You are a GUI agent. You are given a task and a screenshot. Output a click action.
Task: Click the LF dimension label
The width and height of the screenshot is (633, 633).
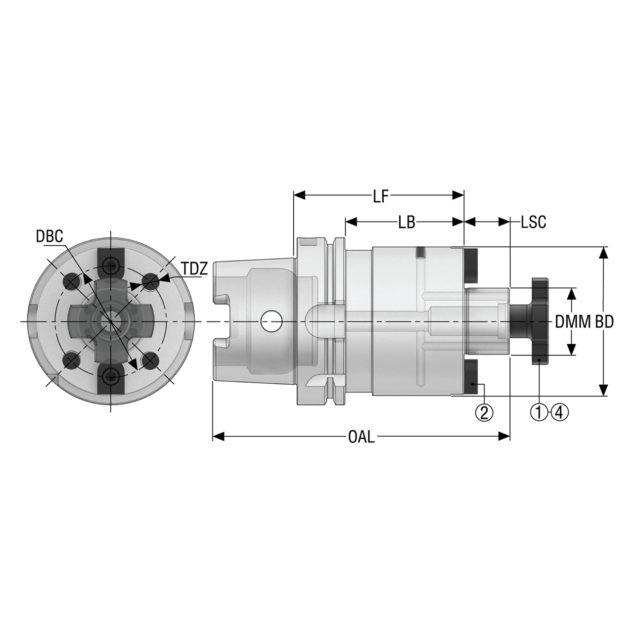[x=379, y=197]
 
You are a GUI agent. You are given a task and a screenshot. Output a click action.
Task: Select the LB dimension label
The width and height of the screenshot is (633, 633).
[x=406, y=223]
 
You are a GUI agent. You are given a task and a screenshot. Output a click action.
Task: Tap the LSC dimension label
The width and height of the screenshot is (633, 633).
[x=533, y=223]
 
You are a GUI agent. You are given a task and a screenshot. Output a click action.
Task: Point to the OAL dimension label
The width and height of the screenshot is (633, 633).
[x=361, y=437]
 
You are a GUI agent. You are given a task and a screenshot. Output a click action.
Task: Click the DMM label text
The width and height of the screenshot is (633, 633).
[x=573, y=322]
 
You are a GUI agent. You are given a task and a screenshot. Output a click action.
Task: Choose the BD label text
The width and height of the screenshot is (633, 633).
[x=604, y=322]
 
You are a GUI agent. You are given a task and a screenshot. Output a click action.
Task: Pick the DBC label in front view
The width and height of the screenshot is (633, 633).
[x=49, y=236]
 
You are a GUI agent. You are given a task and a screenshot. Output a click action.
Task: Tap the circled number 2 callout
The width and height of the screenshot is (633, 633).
[x=484, y=411]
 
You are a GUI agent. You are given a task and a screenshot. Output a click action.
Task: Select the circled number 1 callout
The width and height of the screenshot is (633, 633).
[x=539, y=411]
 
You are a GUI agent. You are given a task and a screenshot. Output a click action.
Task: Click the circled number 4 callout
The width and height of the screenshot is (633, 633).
[x=559, y=411]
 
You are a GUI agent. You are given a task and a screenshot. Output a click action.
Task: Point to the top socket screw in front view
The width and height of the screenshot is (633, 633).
[x=110, y=268]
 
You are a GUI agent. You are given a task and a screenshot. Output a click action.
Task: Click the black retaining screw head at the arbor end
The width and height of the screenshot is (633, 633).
[x=540, y=321]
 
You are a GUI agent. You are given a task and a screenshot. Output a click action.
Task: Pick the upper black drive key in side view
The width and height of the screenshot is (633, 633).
[x=472, y=264]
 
